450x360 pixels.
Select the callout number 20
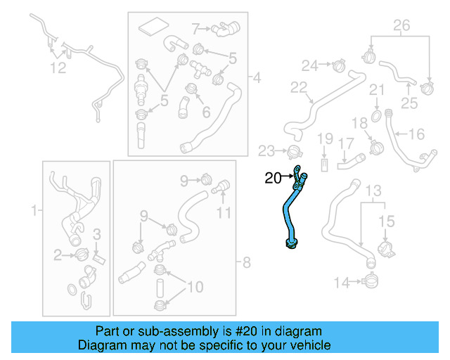click(272, 178)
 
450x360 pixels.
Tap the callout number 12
click(58, 67)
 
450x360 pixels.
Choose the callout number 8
click(245, 264)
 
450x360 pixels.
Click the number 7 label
click(196, 29)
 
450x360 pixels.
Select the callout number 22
click(299, 88)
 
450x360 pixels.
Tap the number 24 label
click(310, 65)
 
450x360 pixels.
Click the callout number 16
click(416, 133)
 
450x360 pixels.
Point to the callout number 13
click(373, 191)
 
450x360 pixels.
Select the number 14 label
click(341, 283)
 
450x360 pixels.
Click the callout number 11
click(223, 212)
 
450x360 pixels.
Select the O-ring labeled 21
click(377, 114)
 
